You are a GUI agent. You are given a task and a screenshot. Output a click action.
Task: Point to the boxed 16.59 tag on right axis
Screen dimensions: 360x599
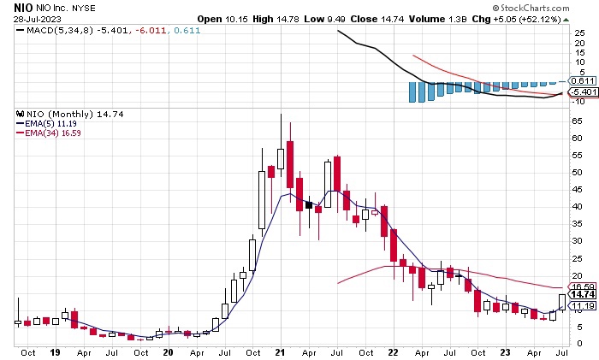point(582,287)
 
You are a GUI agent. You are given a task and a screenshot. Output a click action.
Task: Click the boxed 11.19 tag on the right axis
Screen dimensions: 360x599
point(582,305)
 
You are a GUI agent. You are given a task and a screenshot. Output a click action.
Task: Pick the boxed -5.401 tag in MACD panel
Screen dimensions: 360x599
point(582,91)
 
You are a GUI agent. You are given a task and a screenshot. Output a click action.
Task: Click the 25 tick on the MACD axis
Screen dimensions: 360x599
point(578,32)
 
